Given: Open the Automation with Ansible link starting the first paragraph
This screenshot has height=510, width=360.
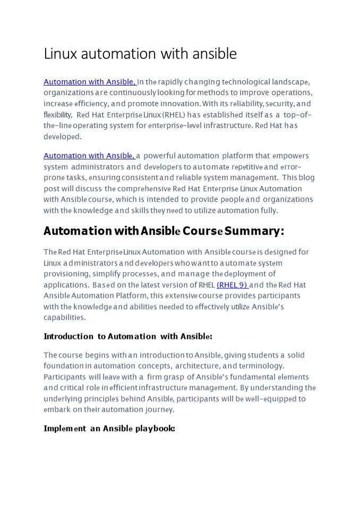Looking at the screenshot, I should (89, 82).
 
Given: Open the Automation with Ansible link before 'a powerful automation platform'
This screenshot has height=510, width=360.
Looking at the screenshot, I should (89, 156).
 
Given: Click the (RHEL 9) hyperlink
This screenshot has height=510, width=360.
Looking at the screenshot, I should (232, 285).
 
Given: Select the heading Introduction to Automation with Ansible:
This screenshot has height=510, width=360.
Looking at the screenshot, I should (127, 336).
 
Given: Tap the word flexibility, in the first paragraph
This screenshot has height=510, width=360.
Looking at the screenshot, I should (58, 115).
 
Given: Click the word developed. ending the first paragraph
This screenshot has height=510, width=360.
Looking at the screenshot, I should (63, 137).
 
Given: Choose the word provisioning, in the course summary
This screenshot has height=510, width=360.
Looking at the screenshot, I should (67, 274).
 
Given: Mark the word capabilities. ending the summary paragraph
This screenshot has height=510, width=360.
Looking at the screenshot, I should (64, 317).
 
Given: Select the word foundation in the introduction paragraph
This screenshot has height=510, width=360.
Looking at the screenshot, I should (64, 365).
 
